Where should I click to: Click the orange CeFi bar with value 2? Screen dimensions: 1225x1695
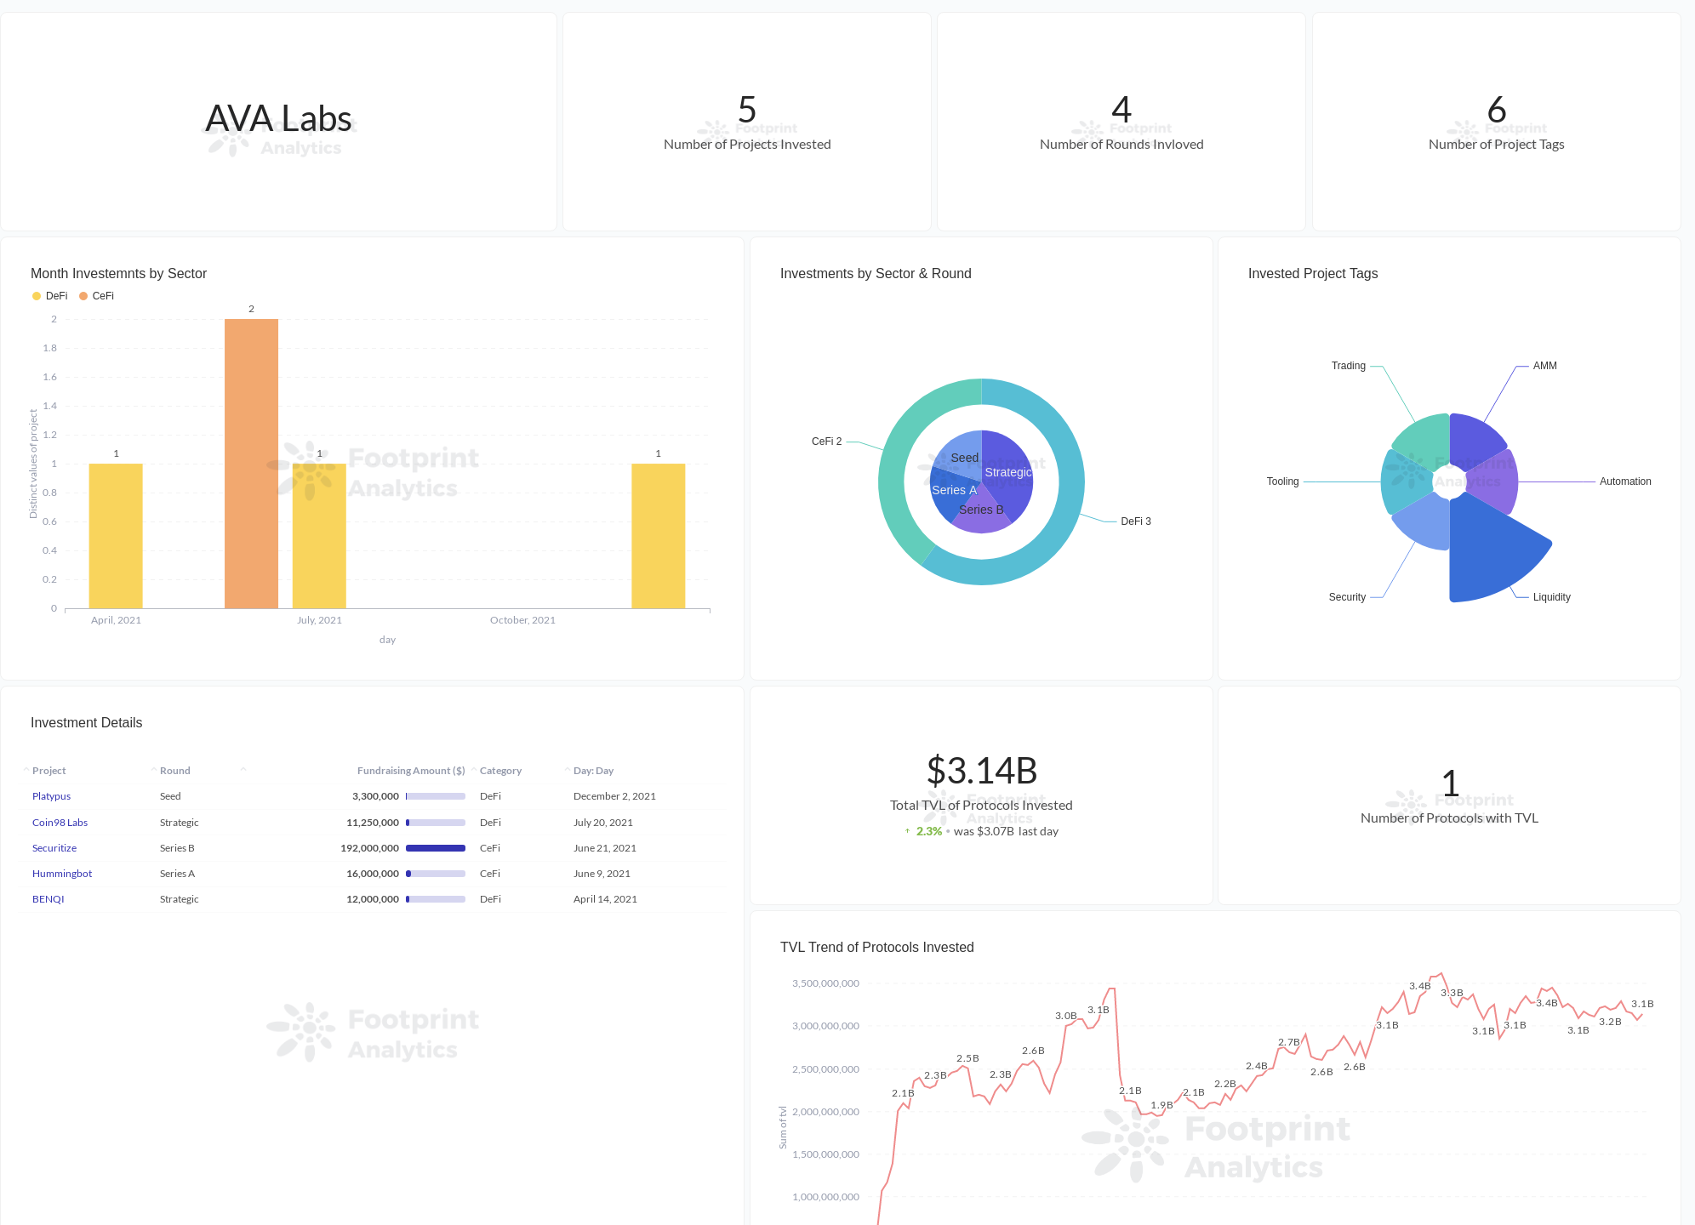[x=251, y=464]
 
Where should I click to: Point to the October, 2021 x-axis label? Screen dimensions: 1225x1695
[x=522, y=620]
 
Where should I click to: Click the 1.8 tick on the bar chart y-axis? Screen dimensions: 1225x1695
[x=50, y=348]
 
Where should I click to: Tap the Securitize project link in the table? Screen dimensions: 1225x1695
[x=54, y=848]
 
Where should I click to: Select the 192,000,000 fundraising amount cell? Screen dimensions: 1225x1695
[x=370, y=848]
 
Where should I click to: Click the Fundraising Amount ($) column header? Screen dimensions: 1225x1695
[x=410, y=771]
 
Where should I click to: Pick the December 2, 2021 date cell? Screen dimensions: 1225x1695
[x=614, y=796]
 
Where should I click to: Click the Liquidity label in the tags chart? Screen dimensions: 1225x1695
[x=1551, y=597]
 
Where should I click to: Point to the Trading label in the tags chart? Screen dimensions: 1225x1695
[x=1348, y=366]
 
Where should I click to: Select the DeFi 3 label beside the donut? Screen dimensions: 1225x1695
[x=1135, y=521]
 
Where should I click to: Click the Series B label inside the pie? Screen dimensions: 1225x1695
[x=981, y=510]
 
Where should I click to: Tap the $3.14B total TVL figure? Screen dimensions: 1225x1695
[x=981, y=771]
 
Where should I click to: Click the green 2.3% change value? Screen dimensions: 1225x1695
[x=928, y=831]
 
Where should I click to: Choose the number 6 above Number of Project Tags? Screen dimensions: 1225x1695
[x=1496, y=110]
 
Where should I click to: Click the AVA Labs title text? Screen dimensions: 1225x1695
[x=278, y=118]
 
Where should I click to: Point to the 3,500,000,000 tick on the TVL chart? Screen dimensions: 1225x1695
[x=825, y=983]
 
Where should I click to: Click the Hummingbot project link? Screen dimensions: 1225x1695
[x=62, y=874]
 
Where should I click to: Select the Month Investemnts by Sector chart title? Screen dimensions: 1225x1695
[x=118, y=273]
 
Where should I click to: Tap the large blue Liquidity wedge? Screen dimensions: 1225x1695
[x=1489, y=553]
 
